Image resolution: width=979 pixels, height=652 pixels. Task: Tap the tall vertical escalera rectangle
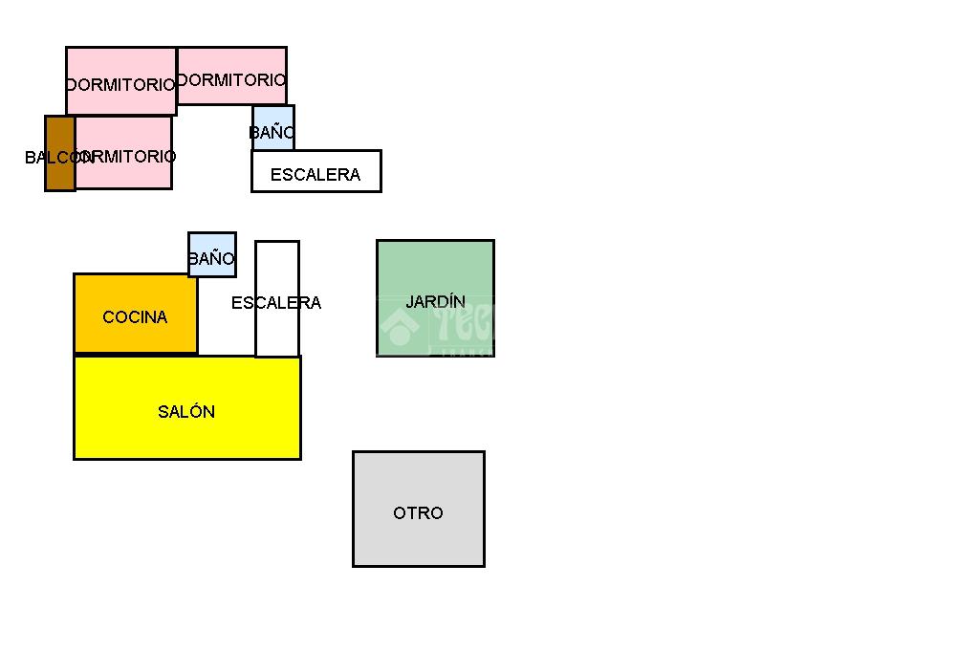tap(277, 330)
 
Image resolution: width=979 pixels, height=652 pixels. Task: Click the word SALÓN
tap(186, 412)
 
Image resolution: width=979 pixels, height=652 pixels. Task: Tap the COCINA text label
tap(135, 317)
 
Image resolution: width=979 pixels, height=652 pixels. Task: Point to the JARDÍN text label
tap(435, 301)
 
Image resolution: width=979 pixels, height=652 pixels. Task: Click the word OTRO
tap(418, 513)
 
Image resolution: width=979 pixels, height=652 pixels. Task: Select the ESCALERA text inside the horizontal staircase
tap(315, 175)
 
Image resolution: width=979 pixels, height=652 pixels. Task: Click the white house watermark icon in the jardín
tap(399, 328)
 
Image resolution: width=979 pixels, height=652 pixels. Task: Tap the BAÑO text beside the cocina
tap(211, 258)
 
